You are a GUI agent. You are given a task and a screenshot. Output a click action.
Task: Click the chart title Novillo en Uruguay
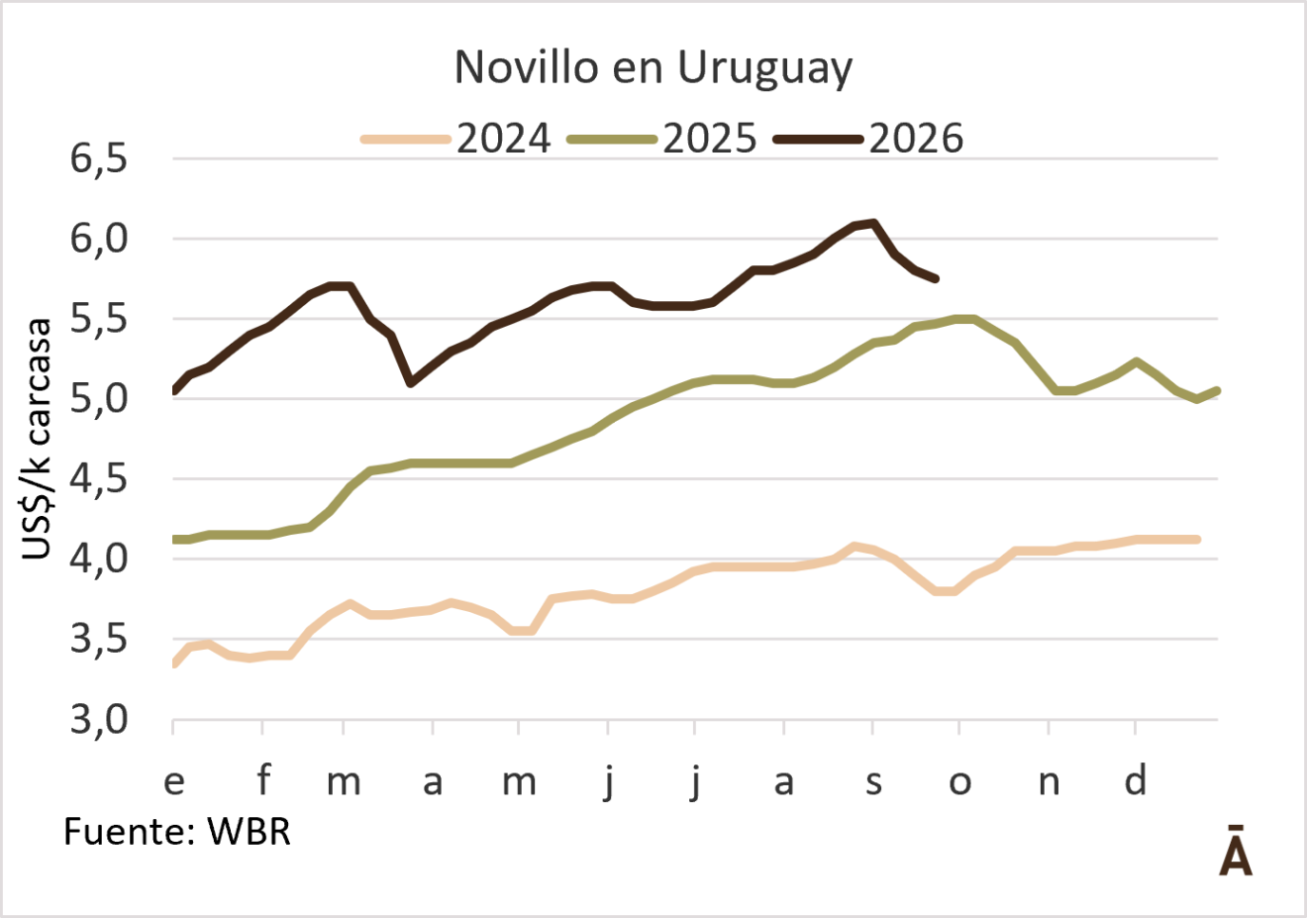tap(653, 68)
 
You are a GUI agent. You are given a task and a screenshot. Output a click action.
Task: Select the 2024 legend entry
tap(456, 139)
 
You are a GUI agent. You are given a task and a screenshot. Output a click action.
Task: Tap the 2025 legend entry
tap(662, 139)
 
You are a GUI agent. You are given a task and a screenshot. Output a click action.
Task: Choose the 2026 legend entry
tap(868, 139)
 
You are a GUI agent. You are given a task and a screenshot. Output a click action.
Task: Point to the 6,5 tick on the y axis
tap(98, 158)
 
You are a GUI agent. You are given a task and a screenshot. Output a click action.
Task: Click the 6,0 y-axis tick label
tap(98, 239)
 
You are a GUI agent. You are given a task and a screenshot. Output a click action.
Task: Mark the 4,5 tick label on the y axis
tap(98, 479)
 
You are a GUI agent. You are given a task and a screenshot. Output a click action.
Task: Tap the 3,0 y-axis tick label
tap(98, 720)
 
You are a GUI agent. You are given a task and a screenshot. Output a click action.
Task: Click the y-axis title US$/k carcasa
tap(37, 439)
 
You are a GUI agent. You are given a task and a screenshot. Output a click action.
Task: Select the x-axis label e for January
tap(174, 782)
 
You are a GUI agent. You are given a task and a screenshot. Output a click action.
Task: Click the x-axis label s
tap(873, 782)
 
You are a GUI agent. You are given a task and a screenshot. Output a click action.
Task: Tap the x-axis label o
tap(959, 782)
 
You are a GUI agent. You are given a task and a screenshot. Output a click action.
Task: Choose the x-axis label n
tap(1049, 782)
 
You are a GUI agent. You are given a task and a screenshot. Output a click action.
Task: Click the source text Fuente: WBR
tap(177, 831)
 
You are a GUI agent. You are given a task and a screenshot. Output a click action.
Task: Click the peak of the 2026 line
tap(873, 223)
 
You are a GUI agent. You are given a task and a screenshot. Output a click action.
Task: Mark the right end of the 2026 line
tap(936, 279)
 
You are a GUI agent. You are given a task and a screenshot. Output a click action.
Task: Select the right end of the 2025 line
tap(1217, 390)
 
